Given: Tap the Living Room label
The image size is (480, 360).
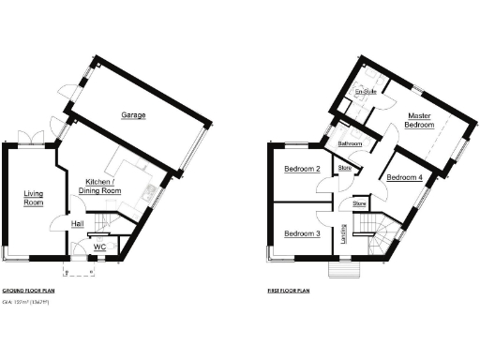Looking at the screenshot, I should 34,197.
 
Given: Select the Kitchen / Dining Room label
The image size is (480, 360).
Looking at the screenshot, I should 104,185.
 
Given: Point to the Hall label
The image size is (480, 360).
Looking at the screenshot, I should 78,224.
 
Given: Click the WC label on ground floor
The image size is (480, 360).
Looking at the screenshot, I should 99,247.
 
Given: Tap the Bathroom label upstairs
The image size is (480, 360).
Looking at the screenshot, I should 351,143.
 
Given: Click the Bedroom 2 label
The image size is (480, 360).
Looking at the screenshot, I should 303,170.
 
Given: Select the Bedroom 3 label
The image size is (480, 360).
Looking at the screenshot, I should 303,233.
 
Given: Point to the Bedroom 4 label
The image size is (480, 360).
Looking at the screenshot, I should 404,177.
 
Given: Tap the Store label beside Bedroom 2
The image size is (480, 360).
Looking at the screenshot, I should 344,169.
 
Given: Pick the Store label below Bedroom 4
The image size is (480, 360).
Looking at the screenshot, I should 359,202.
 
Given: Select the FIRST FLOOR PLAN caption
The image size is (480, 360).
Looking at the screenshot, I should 290,292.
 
